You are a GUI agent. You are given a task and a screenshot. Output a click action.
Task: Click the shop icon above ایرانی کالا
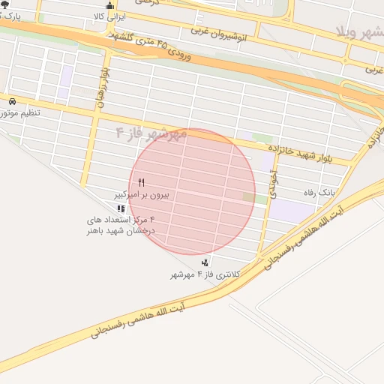[x=111, y=6]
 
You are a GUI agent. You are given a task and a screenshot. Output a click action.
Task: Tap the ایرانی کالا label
[x=110, y=16]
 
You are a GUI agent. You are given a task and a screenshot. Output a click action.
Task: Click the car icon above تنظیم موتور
[x=12, y=101]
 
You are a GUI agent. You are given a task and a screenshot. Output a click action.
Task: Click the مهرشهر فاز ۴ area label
[x=150, y=133]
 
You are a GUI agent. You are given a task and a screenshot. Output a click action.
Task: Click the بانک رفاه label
[x=319, y=193]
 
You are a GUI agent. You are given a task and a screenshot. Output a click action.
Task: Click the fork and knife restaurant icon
[x=141, y=182]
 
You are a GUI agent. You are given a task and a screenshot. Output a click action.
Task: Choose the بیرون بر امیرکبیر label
[x=142, y=193]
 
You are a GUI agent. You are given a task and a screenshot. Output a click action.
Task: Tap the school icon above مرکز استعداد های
[x=121, y=208]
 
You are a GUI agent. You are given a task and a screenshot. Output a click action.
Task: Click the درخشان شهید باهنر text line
[x=120, y=231]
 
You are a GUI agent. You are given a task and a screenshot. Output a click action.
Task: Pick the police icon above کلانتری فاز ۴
[x=205, y=262]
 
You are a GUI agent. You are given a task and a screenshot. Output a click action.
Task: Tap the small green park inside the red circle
[x=249, y=197]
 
